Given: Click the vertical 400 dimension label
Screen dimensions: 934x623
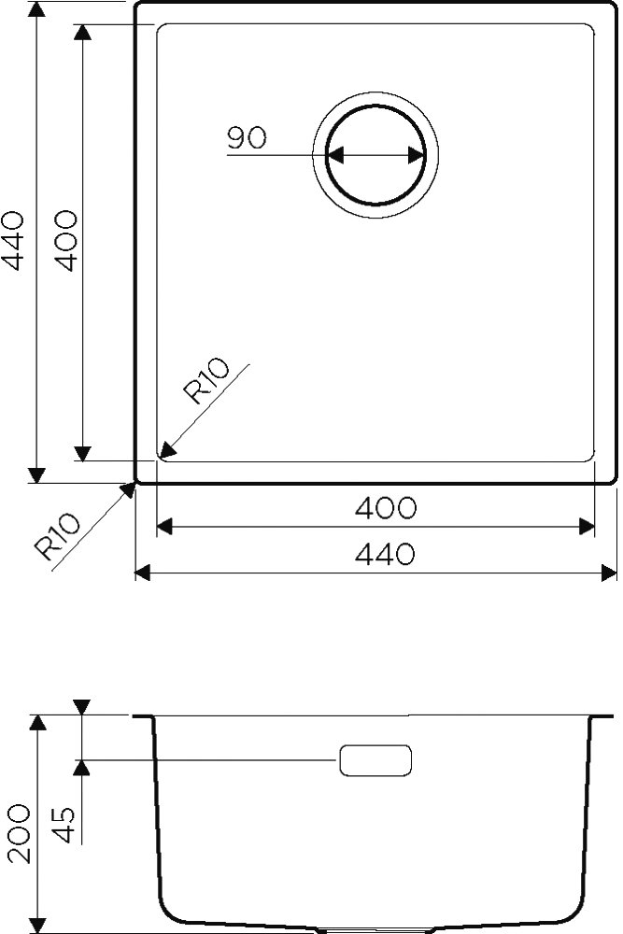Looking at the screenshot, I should point(64,242).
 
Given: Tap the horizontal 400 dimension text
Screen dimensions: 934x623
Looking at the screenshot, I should point(385,508).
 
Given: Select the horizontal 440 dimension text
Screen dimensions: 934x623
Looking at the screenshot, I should point(385,555).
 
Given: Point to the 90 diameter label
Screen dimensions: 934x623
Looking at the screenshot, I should point(247,138).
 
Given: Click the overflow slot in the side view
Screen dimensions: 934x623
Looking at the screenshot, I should point(375,759).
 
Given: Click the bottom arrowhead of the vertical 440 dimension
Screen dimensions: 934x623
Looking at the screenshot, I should point(36,474).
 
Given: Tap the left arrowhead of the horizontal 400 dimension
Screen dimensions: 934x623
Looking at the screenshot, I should point(165,528).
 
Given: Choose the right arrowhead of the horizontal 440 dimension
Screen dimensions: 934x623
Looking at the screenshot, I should point(609,572).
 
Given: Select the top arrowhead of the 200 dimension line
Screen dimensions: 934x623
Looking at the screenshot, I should point(38,724).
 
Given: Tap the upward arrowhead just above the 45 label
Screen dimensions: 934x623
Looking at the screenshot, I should point(83,768).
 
